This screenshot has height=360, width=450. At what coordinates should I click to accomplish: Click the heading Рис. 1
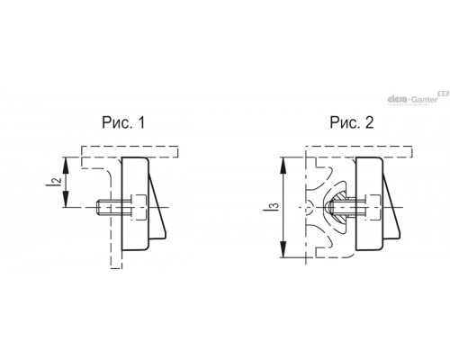point(123,122)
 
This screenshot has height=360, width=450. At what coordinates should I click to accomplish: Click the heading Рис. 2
point(352,122)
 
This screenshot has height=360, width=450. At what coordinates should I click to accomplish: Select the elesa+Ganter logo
point(418,99)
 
